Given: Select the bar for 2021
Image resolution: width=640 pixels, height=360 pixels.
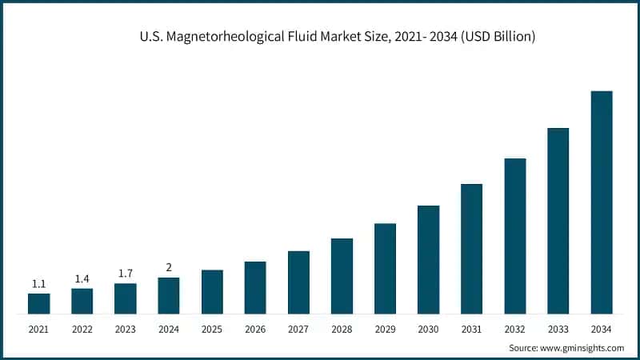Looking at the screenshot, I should (38, 303).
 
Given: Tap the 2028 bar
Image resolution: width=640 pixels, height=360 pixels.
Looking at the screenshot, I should (342, 276).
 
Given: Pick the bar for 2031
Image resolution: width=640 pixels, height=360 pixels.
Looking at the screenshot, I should (472, 249).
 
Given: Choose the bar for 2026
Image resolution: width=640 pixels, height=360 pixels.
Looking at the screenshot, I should (255, 287).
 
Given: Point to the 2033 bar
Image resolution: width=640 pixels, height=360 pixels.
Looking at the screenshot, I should (558, 221).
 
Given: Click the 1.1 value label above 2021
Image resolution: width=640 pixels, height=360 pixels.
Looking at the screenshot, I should (38, 284).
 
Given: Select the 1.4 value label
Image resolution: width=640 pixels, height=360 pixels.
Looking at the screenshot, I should (82, 278).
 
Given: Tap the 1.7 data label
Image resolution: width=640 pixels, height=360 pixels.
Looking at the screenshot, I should (125, 274).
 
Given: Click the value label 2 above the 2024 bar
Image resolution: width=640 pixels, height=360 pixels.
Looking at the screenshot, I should (168, 267).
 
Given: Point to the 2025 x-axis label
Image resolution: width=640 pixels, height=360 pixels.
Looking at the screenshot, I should (211, 329).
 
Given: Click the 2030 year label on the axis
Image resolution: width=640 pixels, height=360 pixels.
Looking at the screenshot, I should (428, 329).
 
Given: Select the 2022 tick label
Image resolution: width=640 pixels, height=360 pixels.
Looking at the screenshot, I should (82, 329).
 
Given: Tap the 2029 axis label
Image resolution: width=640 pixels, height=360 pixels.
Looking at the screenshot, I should (385, 329).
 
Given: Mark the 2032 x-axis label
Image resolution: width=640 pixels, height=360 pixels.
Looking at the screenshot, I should (514, 329).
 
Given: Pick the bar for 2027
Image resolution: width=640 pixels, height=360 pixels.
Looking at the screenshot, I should (298, 282).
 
